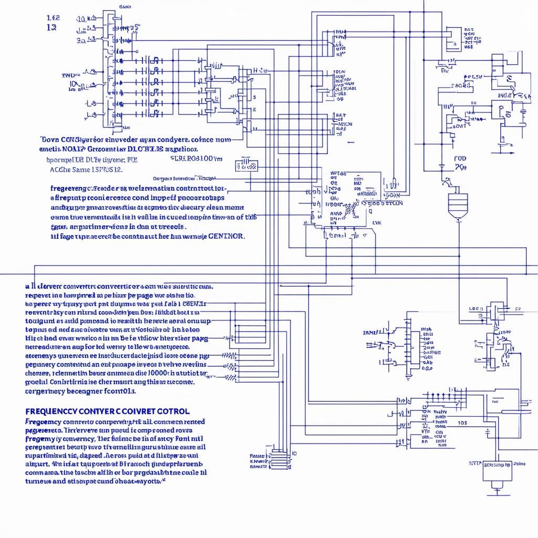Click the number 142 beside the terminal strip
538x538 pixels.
(53, 17)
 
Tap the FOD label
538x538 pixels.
(460, 158)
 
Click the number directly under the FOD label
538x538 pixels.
(461, 168)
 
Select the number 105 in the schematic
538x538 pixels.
(462, 422)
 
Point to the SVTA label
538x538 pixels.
(475, 464)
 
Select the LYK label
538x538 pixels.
(377, 223)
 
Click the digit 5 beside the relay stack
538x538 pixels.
(254, 97)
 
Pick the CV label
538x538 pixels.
(518, 309)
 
